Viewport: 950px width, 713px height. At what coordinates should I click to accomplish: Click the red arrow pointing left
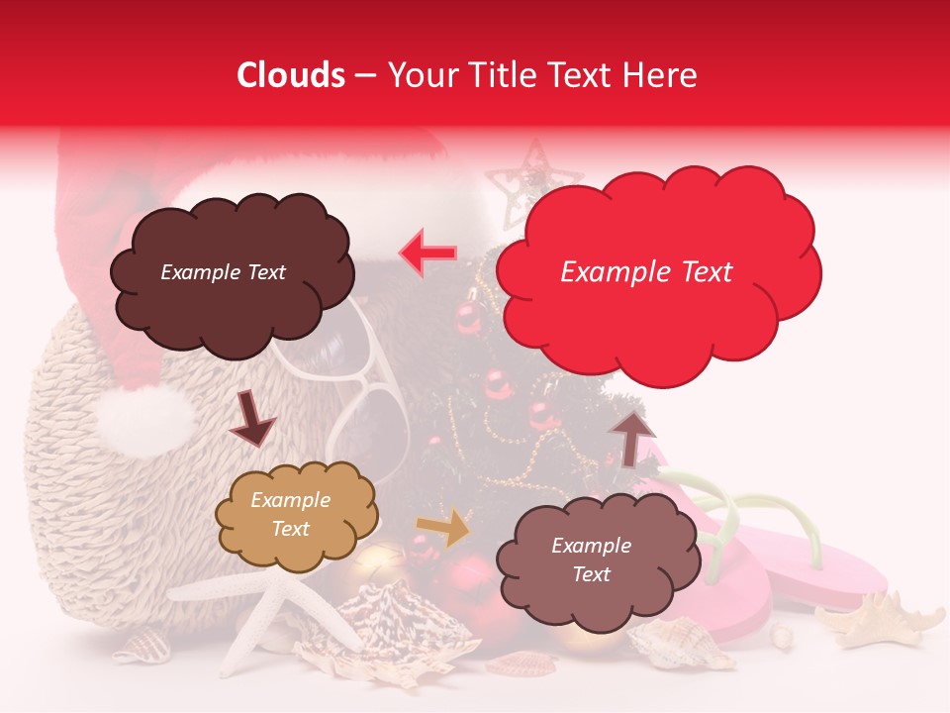(x=428, y=253)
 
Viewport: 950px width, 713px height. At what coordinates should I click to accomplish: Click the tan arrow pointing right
(x=443, y=528)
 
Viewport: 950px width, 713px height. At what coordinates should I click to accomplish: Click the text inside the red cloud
(x=646, y=272)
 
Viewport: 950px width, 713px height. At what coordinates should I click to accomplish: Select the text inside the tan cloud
(x=290, y=515)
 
